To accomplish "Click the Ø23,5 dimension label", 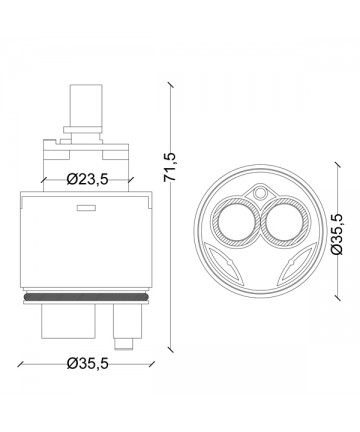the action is [87, 180].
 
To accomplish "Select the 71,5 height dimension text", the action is [170, 167].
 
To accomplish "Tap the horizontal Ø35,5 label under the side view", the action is [87, 363].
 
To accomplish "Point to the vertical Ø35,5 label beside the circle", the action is [337, 234].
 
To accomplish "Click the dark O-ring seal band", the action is [86, 296].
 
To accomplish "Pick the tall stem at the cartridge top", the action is [85, 105].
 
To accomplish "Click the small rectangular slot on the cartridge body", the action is [86, 208].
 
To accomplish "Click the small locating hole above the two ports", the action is [260, 193].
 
